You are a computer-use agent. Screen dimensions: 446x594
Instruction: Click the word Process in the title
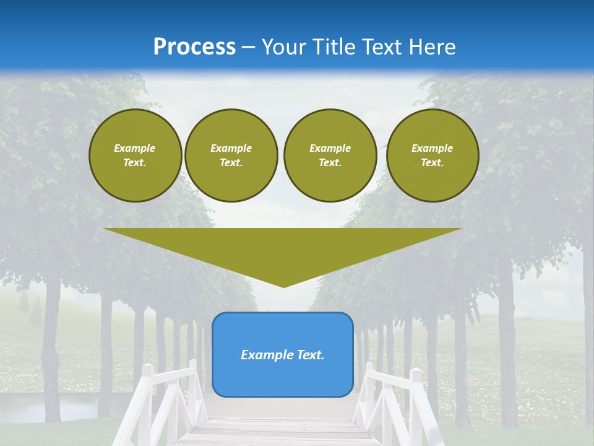tap(194, 47)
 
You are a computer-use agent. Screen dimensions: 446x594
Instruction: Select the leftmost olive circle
tap(136, 155)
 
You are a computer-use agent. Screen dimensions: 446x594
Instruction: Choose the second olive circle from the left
tap(231, 155)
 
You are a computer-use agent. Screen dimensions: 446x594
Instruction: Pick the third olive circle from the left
tap(330, 155)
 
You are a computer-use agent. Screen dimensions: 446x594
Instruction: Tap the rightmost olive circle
tap(433, 155)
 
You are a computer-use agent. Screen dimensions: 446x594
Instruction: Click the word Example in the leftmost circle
tap(135, 148)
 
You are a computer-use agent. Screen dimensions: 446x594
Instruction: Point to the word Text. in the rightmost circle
tap(433, 163)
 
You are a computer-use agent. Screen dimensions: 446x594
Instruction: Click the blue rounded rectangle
tap(283, 378)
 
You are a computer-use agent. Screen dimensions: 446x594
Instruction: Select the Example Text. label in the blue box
tap(283, 355)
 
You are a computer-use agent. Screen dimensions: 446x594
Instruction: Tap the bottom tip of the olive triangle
tap(283, 286)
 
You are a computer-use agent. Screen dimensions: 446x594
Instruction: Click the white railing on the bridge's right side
tap(396, 396)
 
